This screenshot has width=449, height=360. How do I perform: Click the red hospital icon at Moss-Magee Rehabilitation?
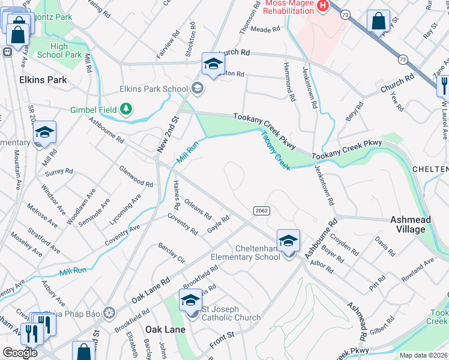tap(324, 6)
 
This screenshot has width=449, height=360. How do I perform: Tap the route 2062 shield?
tap(261, 210)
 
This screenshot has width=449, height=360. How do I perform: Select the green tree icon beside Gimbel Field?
tap(126, 109)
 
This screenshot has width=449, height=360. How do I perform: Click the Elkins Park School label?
tap(154, 89)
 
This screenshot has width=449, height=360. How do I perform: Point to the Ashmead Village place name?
tap(411, 224)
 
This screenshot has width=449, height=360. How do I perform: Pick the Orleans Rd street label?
tap(198, 209)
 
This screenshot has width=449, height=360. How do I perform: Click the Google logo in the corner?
tap(20, 353)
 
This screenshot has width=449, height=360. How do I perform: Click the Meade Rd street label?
tap(266, 29)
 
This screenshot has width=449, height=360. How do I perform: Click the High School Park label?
tap(59, 50)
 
